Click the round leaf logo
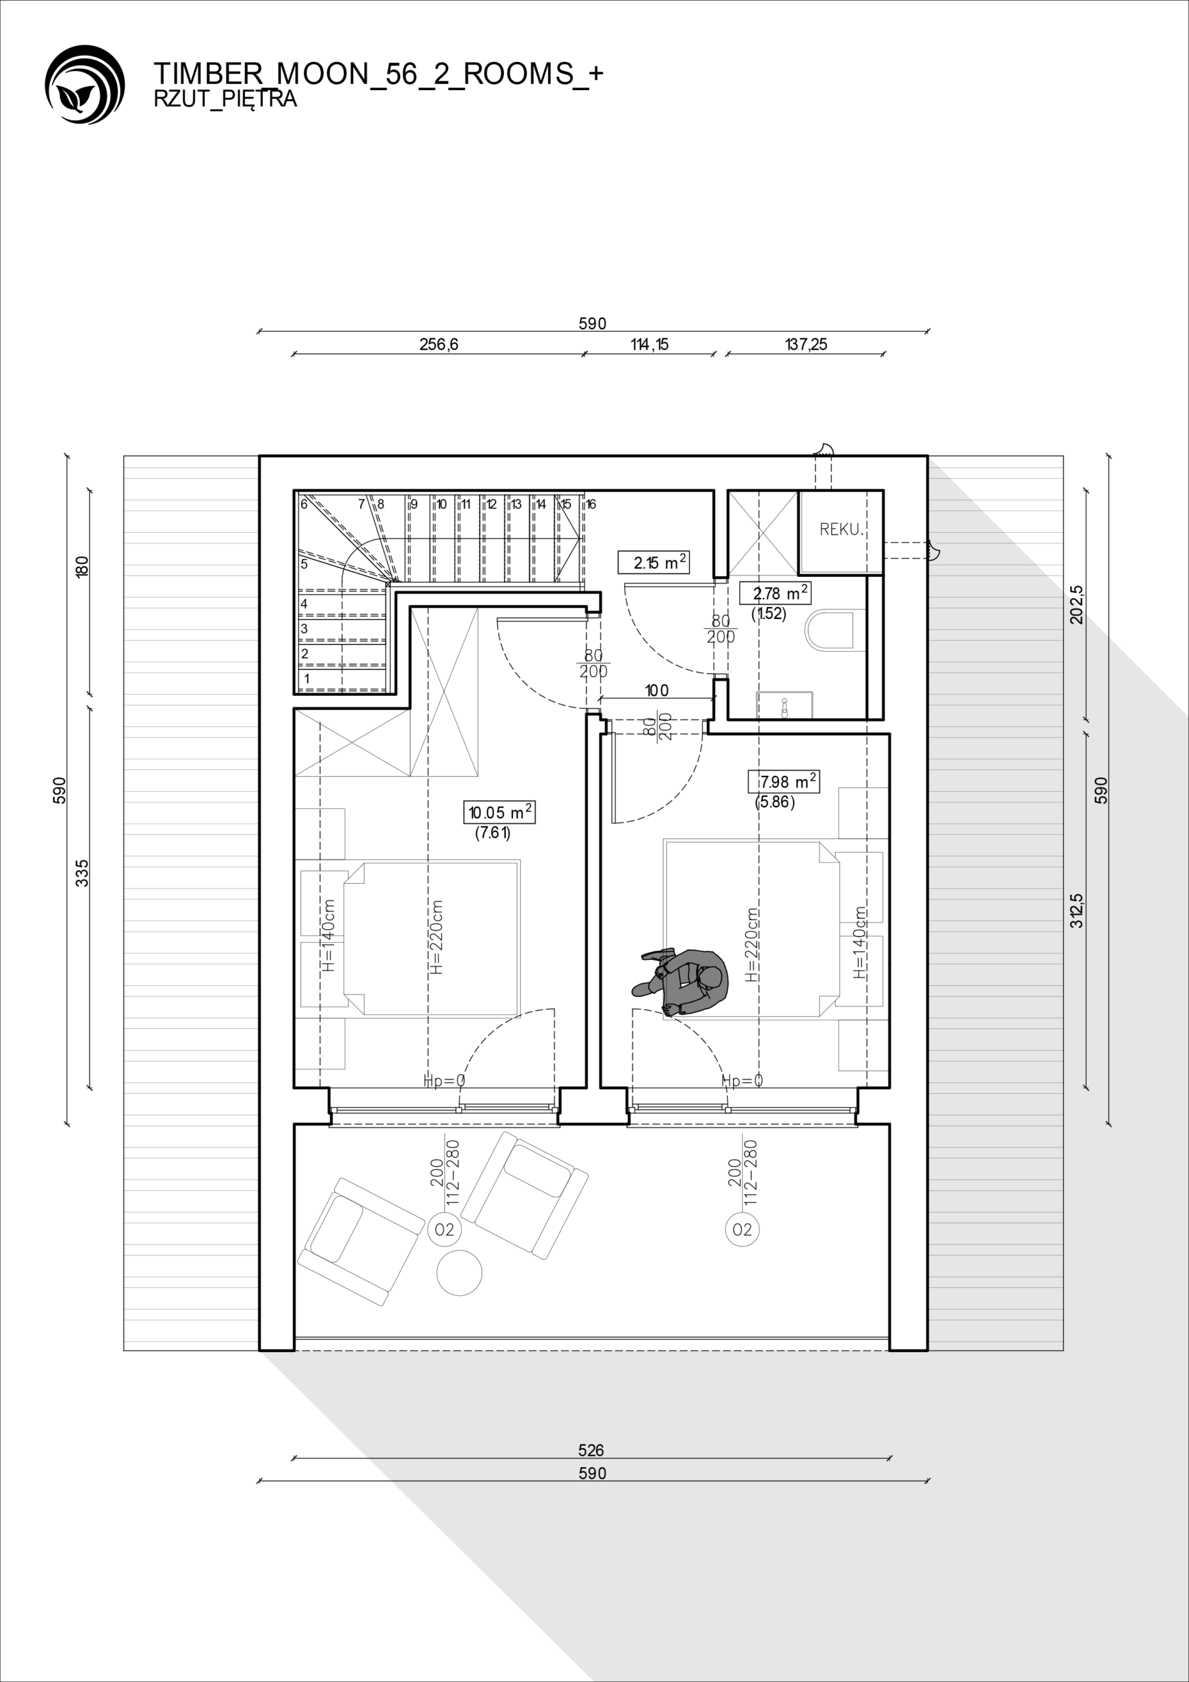[x=85, y=84]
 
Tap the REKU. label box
[x=840, y=532]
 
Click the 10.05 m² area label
[x=501, y=813]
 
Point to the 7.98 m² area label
[x=783, y=782]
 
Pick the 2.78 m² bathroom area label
[x=775, y=593]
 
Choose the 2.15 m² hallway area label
[x=654, y=562]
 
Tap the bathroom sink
[x=784, y=705]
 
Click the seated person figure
[x=681, y=982]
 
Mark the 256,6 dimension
[x=439, y=344]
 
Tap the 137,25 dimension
[x=806, y=344]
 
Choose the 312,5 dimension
[x=1077, y=911]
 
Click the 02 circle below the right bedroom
[x=742, y=1229]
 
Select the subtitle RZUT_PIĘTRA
[x=225, y=100]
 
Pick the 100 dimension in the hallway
[x=656, y=690]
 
